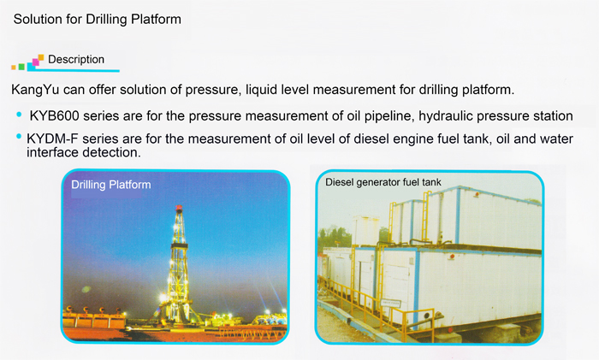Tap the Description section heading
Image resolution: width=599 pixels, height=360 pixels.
pyautogui.click(x=76, y=60)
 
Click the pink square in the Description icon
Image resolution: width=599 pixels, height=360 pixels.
pyautogui.click(x=36, y=62)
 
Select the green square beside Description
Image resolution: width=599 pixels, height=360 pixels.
pyautogui.click(x=21, y=67)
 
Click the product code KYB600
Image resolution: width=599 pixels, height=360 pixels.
pyautogui.click(x=54, y=115)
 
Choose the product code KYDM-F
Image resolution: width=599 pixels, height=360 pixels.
pyautogui.click(x=52, y=139)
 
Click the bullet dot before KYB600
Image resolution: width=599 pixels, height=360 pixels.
pyautogui.click(x=19, y=114)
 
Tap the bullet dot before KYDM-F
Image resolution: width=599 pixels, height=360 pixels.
pyautogui.click(x=19, y=136)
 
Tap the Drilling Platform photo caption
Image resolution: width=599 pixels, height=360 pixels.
pyautogui.click(x=110, y=185)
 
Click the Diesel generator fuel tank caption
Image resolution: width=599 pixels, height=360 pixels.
pyautogui.click(x=383, y=182)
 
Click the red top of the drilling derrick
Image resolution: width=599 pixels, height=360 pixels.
pyautogui.click(x=179, y=209)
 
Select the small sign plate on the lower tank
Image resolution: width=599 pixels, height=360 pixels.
pyautogui.click(x=391, y=303)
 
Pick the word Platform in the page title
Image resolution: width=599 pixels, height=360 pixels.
pyautogui.click(x=156, y=19)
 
